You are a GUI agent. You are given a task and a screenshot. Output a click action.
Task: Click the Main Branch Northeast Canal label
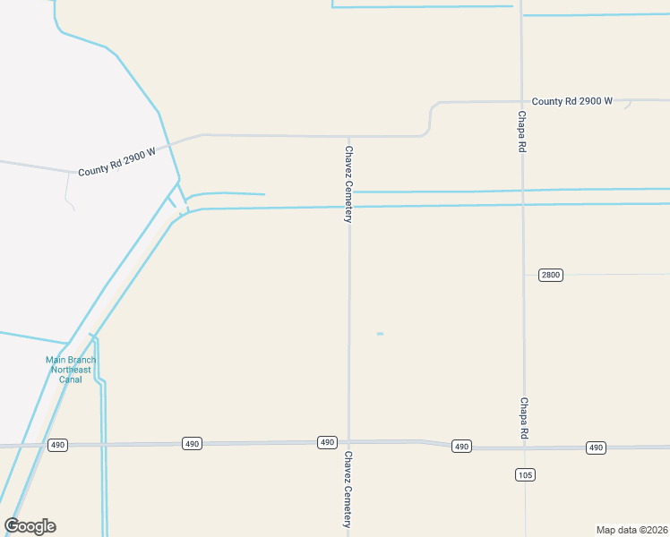point(70,370)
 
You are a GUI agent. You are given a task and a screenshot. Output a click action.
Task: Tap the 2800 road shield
point(551,275)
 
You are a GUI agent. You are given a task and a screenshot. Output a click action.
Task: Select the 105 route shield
point(526,474)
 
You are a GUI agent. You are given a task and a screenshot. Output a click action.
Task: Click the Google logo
point(30,526)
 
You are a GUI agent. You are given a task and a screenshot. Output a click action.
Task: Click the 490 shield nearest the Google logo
point(58,445)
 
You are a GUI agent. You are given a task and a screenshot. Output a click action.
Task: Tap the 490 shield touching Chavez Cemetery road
point(327,442)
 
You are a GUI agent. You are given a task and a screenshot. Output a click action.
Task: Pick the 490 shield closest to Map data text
point(596,447)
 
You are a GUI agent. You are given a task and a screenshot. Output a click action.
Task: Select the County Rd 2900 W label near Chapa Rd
point(571,101)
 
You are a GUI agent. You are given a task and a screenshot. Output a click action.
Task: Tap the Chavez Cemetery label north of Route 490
point(349,184)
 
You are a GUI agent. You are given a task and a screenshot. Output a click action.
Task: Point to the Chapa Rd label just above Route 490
point(523,418)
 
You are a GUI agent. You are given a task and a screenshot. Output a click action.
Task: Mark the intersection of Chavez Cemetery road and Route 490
point(349,441)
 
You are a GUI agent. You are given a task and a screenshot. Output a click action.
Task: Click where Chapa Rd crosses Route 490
point(525,446)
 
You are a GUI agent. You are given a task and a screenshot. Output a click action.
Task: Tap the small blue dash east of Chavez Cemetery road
point(380,334)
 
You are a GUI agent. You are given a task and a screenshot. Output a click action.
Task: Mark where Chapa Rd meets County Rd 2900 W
point(522,101)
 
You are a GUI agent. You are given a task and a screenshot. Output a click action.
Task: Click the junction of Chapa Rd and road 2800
point(524,275)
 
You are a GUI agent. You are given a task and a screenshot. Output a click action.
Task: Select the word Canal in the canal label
point(70,379)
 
